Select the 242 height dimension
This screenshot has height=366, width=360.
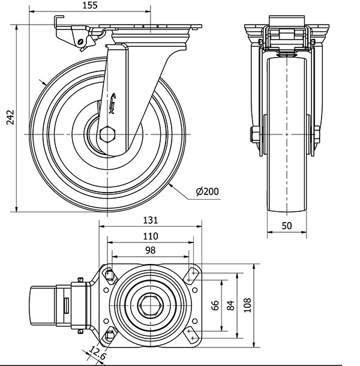coord(8,120)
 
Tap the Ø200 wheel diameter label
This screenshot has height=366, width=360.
coord(207,192)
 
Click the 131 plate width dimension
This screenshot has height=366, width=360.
coord(151,221)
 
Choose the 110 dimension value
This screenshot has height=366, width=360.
coord(151,236)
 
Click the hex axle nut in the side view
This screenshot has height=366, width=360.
coord(109,133)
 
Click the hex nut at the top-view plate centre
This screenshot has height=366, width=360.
coord(150,305)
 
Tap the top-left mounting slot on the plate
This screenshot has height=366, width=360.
coord(110,275)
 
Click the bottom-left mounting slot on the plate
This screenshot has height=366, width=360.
coord(110,334)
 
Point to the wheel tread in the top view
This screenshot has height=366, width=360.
coord(42,305)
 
